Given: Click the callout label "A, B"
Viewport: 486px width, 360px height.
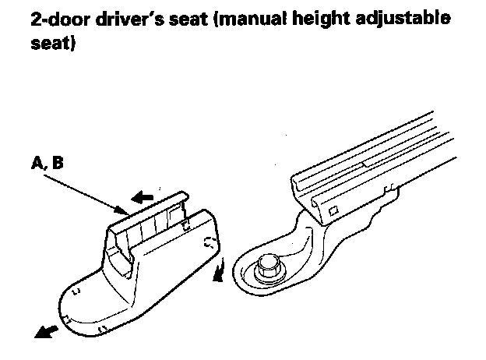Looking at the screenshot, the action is pos(48,164).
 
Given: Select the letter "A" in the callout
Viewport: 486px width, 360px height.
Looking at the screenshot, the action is pos(37,164).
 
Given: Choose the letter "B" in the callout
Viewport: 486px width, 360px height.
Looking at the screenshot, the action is pos(58,164).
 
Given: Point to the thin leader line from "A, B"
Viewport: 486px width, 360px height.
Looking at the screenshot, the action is pos(81,192).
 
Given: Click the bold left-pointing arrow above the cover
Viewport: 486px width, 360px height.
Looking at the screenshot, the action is pos(143,199).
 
